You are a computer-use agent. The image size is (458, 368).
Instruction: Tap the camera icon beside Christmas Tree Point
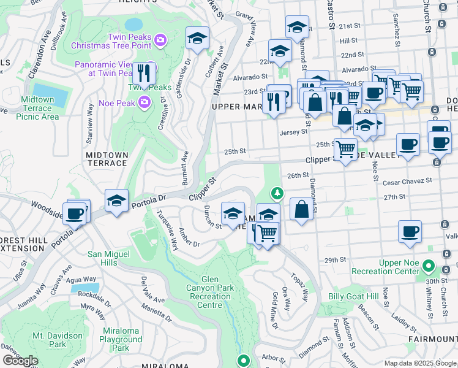160,40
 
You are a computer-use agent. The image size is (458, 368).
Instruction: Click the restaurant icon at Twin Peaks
144,74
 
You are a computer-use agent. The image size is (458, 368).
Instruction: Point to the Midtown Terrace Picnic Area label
40,108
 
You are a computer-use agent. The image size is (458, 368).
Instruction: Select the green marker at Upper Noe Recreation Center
429,267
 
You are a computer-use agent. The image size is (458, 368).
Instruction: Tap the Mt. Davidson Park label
58,340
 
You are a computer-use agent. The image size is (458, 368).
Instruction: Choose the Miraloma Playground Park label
121,339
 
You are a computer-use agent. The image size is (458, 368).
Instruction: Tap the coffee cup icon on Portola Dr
76,214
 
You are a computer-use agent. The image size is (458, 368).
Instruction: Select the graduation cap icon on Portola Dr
116,201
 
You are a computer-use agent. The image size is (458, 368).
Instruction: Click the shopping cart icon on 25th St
345,148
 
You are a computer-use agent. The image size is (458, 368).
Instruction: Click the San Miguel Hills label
109,258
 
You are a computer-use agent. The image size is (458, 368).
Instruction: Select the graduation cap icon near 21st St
297,28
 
